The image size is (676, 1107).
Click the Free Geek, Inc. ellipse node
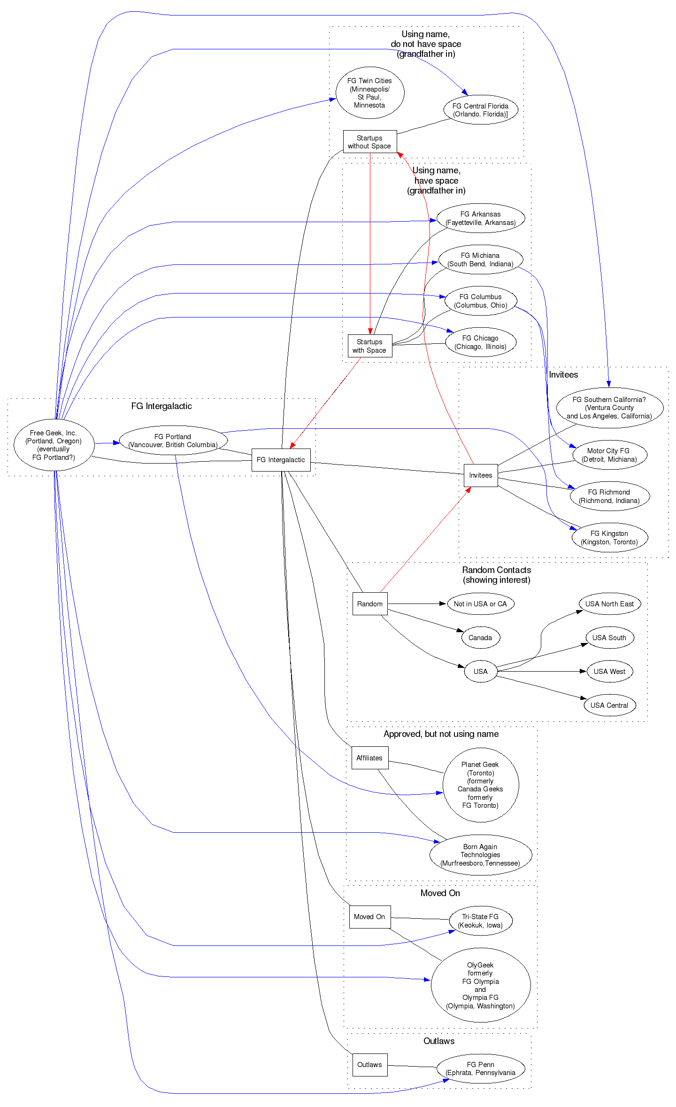click(x=54, y=445)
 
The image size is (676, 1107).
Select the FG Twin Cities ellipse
click(x=369, y=93)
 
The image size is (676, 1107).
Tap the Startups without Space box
click(x=369, y=142)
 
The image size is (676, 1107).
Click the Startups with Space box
click(x=369, y=346)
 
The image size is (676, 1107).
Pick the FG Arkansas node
click(x=480, y=218)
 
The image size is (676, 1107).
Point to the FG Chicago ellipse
click(x=480, y=342)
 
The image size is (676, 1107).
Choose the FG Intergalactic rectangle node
click(x=281, y=460)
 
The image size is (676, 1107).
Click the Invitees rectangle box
click(x=480, y=475)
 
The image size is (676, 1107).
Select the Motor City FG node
click(x=609, y=455)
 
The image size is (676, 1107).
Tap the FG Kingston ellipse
click(x=609, y=537)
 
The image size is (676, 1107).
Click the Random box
click(x=369, y=604)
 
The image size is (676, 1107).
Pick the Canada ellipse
click(x=480, y=637)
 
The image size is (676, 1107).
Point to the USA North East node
click(x=609, y=604)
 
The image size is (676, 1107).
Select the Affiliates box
click(x=369, y=758)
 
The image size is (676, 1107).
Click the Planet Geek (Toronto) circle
click(x=480, y=785)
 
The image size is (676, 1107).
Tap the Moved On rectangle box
click(x=369, y=917)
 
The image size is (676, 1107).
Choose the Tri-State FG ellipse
click(x=480, y=921)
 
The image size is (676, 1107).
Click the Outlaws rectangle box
click(x=369, y=1065)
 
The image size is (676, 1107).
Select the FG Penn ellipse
click(x=480, y=1068)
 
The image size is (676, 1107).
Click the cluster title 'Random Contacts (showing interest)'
click(x=496, y=575)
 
